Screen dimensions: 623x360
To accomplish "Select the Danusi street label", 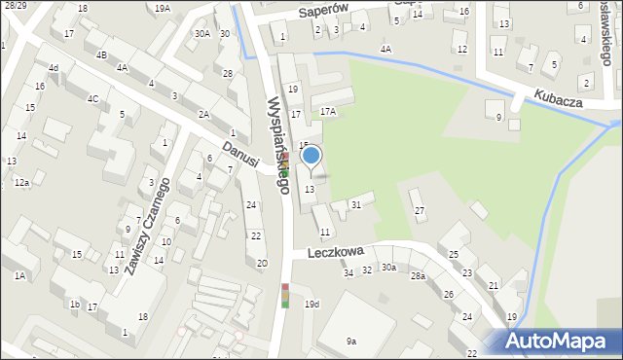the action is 238,151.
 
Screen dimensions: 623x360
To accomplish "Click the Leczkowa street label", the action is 335,250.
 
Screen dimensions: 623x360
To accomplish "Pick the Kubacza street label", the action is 557,97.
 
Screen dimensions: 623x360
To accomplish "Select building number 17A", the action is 329,112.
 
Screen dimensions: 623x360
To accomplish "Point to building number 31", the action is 356,204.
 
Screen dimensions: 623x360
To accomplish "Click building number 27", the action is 420,211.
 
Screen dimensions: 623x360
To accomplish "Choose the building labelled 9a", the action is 350,341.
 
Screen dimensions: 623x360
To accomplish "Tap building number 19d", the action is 311,305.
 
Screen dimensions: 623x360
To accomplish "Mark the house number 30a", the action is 388,267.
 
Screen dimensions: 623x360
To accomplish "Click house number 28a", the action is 418,276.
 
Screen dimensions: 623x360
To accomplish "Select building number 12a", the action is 21,182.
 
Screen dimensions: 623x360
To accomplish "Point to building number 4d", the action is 54,68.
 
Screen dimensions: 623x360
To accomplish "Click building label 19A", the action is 162,8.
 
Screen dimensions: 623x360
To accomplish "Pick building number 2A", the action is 204,114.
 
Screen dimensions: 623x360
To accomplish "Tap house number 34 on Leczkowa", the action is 348,272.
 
